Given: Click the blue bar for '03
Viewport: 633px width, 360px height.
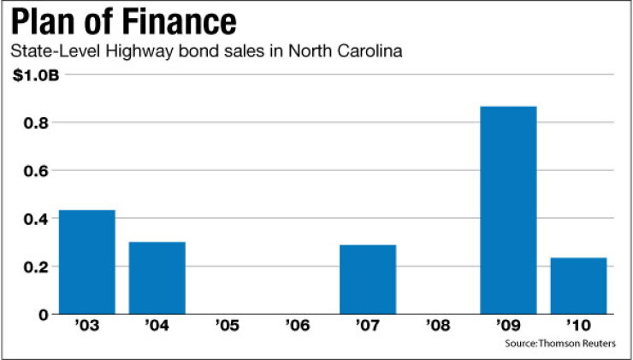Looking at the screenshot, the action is [x=86, y=262].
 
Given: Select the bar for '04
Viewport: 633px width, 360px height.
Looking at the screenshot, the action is [x=157, y=278].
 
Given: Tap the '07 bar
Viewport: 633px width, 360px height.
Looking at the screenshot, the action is [x=368, y=280].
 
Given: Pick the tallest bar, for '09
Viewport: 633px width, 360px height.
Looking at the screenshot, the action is [x=508, y=210].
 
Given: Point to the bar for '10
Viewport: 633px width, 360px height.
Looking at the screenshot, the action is [x=578, y=286].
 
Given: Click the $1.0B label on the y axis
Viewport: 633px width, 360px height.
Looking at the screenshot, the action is [x=36, y=76].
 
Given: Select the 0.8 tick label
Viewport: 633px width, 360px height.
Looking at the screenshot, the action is [x=36, y=123].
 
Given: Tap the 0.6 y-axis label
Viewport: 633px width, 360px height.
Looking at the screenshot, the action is [x=36, y=171].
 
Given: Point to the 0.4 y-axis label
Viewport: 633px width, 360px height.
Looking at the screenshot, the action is [x=36, y=219].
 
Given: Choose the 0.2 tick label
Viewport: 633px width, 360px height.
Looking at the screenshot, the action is [x=36, y=267].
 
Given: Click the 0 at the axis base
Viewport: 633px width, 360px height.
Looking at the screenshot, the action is [x=44, y=315].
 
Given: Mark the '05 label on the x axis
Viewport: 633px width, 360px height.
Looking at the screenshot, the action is [x=228, y=325].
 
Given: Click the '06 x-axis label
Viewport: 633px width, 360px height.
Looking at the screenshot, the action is [x=298, y=325].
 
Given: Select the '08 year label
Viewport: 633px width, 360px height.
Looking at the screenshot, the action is [x=438, y=325].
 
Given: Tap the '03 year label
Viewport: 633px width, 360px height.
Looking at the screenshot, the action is [x=86, y=325].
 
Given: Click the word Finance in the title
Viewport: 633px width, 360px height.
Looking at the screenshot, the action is [x=180, y=22].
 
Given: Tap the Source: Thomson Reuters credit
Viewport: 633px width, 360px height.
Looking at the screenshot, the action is [x=560, y=344].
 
